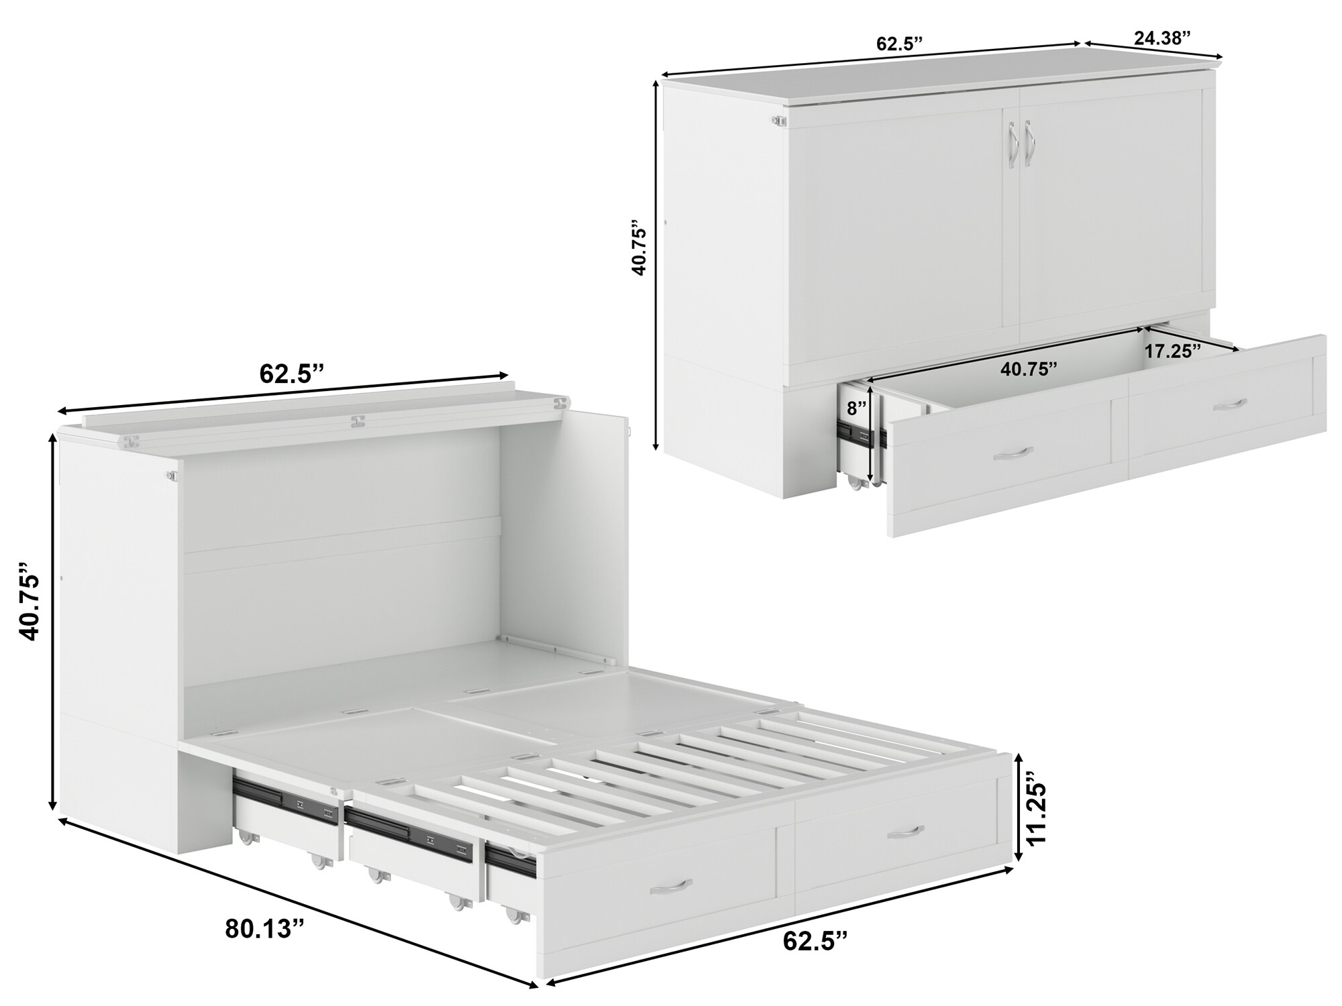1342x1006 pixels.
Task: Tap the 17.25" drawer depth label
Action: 1172,351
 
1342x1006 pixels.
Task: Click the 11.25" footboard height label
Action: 1034,807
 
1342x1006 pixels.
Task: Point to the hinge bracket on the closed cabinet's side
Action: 778,121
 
